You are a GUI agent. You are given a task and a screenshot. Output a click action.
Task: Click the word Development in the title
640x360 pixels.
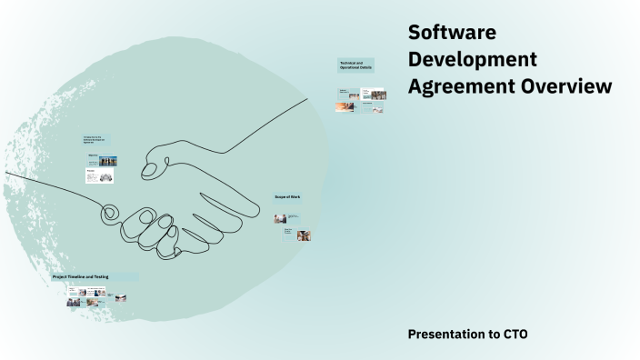point(472,60)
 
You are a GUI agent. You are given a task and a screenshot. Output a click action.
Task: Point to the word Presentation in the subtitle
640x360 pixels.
point(446,335)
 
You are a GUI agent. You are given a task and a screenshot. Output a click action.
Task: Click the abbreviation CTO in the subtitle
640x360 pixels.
point(515,335)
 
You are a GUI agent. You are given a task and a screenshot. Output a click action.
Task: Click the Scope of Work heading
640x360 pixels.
point(287,196)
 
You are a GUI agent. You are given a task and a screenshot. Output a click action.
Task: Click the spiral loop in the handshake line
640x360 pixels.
point(109,215)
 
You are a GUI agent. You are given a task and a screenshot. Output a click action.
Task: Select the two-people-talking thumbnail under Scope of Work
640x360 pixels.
point(281,218)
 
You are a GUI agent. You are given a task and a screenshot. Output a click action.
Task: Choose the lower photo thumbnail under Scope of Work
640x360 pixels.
point(304,235)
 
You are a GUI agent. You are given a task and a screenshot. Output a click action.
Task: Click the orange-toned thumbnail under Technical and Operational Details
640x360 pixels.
point(345,107)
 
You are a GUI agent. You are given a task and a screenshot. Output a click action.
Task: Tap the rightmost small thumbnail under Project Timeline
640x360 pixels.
point(120,297)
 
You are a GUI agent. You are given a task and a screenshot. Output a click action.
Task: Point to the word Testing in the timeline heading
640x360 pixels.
point(125,276)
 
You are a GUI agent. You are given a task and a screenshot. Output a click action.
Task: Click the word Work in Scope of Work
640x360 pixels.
point(295,196)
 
